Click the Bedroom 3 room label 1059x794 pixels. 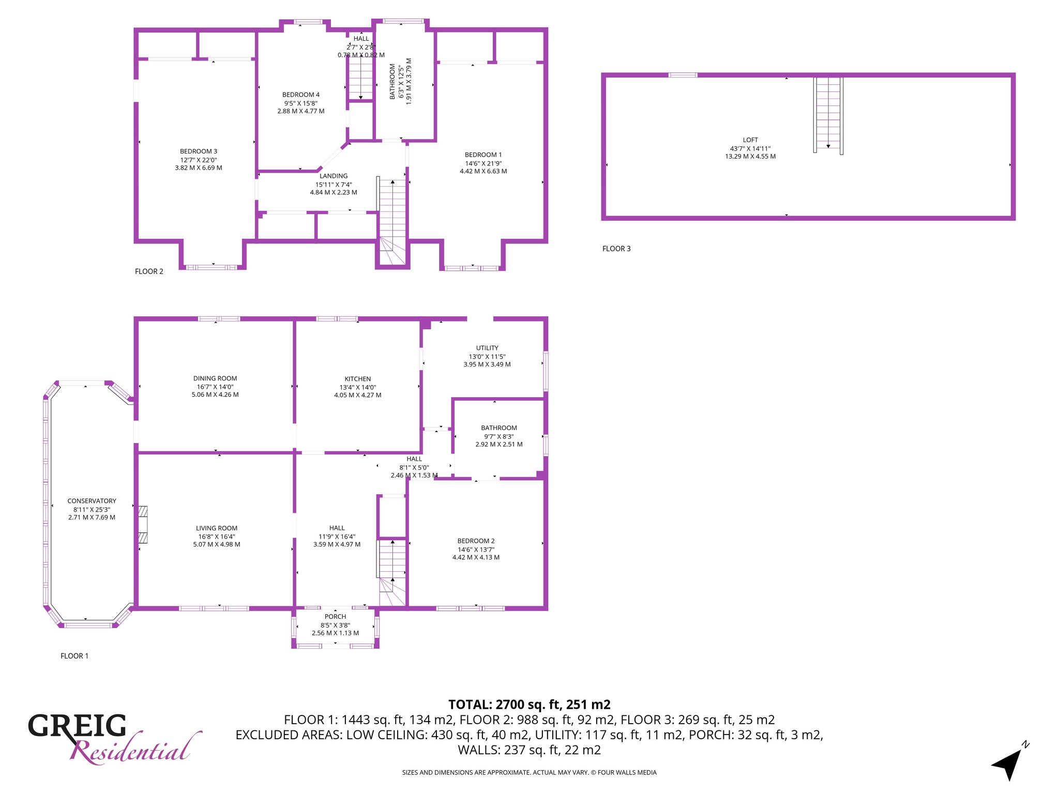(x=199, y=151)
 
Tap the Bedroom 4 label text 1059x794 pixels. (x=301, y=95)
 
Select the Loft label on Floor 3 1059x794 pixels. (x=750, y=140)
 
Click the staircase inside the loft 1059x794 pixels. (x=828, y=115)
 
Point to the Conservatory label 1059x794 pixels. (x=92, y=501)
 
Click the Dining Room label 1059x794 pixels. (x=215, y=378)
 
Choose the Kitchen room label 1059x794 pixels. (x=358, y=379)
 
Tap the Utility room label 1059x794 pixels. (x=487, y=348)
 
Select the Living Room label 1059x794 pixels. (x=217, y=528)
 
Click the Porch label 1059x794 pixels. (x=336, y=617)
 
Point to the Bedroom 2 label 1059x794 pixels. (x=476, y=541)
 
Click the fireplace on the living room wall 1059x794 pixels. (x=143, y=525)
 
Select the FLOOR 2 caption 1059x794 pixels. (x=149, y=271)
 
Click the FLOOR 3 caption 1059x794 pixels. (x=616, y=249)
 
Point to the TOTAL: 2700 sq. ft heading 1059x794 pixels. (x=529, y=705)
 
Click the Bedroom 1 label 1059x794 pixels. (x=483, y=155)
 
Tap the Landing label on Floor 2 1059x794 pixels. (x=334, y=176)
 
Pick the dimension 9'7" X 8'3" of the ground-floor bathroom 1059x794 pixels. (x=499, y=436)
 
